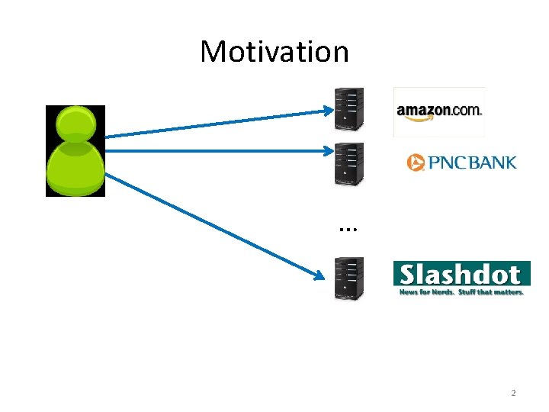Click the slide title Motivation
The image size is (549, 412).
pyautogui.click(x=274, y=52)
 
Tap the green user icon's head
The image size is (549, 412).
pyautogui.click(x=75, y=123)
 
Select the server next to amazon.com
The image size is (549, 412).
pyautogui.click(x=349, y=109)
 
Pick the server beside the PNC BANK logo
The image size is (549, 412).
pyautogui.click(x=349, y=164)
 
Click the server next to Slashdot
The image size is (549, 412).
pyautogui.click(x=349, y=278)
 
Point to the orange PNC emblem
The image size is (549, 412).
pyautogui.click(x=416, y=163)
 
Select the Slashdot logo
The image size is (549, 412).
pyautogui.click(x=461, y=274)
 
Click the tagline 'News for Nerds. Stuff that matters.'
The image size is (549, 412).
pyautogui.click(x=462, y=292)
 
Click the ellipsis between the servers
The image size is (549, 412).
pyautogui.click(x=349, y=227)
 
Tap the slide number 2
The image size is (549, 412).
pyautogui.click(x=513, y=393)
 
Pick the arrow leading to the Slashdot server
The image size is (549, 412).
pyautogui.click(x=213, y=225)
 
